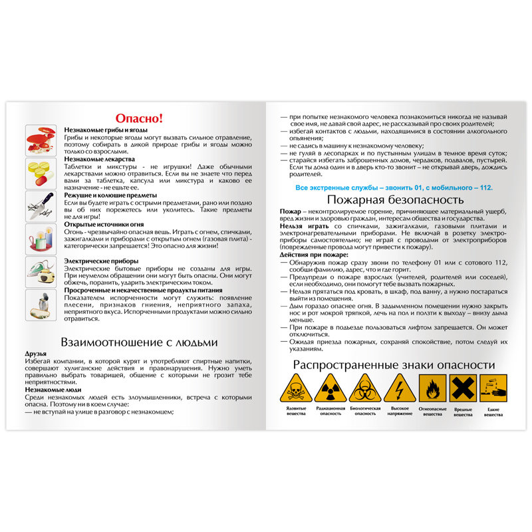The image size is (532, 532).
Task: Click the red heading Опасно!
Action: point(139,118)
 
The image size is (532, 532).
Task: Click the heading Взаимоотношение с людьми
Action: point(139,342)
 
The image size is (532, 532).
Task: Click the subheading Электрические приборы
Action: point(101,261)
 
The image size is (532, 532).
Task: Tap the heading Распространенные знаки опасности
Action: point(394,365)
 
